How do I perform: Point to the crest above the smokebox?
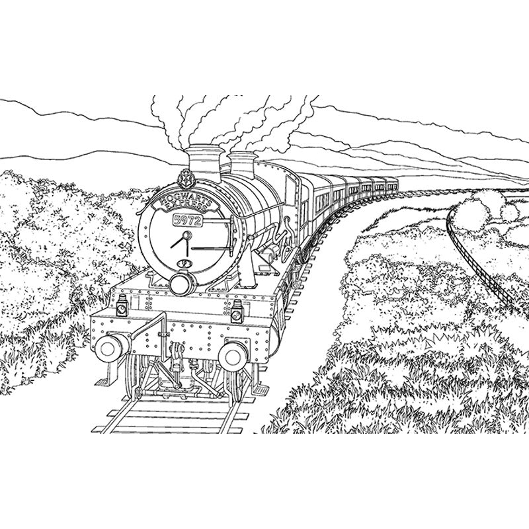(185, 178)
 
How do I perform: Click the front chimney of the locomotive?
(204, 163)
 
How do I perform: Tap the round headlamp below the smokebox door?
(183, 284)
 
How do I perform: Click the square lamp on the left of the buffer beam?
(122, 306)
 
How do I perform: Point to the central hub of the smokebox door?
(186, 235)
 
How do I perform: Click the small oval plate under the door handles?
(184, 263)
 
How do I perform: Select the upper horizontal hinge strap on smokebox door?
(216, 221)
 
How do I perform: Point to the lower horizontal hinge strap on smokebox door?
(212, 249)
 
